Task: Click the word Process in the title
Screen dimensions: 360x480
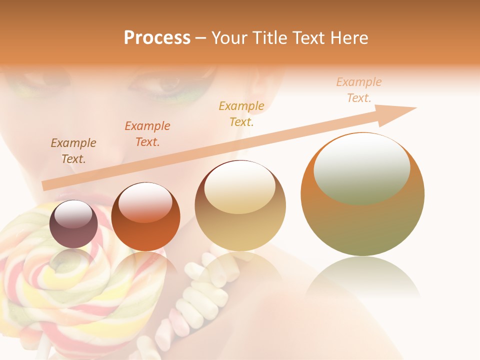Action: [x=157, y=38]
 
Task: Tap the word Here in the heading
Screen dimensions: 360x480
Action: [x=348, y=38]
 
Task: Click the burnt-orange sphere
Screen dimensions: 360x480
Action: [x=145, y=217]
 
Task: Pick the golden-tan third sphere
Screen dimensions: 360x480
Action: [x=240, y=206]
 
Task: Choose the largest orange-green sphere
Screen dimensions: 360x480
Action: [x=362, y=194]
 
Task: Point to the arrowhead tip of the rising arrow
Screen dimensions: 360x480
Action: [x=416, y=108]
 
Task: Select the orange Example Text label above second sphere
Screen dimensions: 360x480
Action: [x=147, y=134]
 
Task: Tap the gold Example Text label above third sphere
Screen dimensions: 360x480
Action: [x=241, y=113]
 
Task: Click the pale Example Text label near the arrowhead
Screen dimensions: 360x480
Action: [x=359, y=90]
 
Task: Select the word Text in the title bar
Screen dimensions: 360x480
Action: [x=307, y=38]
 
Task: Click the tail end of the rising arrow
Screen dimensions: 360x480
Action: [x=45, y=185]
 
